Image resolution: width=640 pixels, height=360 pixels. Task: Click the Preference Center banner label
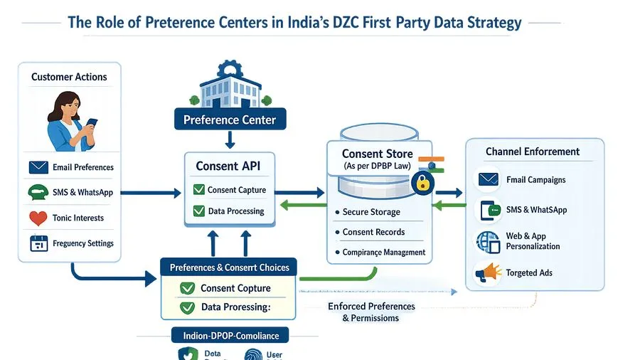point(230,119)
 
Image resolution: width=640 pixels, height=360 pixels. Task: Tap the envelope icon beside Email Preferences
point(38,167)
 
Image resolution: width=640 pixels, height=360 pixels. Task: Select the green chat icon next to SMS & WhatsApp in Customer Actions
point(38,192)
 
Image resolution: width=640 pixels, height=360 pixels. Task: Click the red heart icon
point(38,218)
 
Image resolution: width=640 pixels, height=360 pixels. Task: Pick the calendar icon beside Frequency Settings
point(38,243)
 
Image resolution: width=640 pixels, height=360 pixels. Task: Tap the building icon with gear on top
point(230,84)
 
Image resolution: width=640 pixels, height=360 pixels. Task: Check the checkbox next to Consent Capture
point(198,190)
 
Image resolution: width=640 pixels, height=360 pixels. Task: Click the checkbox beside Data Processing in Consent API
point(198,211)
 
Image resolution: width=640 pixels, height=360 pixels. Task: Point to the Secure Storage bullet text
point(371,212)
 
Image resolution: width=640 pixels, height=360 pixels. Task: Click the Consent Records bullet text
point(373,232)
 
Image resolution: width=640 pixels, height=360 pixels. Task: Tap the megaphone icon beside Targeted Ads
point(488,272)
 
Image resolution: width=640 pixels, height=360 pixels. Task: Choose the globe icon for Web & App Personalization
point(488,241)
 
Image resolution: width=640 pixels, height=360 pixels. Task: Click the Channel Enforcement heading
point(532,152)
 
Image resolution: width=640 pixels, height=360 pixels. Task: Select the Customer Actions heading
point(69,77)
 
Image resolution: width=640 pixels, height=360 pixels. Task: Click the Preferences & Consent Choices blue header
point(229,268)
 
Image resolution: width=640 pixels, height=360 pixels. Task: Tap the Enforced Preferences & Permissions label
point(371,312)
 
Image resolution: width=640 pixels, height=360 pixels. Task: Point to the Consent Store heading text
point(377,154)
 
